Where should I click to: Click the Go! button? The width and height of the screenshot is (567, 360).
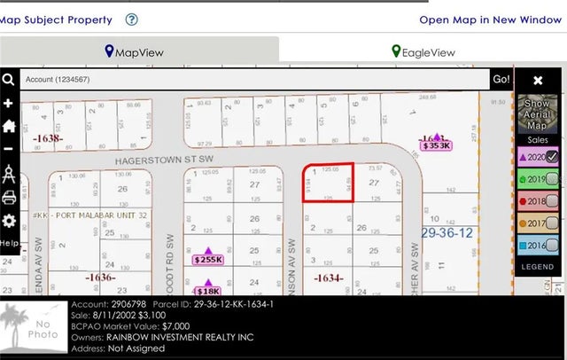tap(501, 79)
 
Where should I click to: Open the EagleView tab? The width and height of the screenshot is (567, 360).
tap(423, 52)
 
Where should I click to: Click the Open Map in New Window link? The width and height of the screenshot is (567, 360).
tap(490, 20)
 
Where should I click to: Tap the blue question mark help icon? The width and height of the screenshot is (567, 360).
tap(132, 20)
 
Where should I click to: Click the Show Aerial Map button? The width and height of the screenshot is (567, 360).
tap(537, 113)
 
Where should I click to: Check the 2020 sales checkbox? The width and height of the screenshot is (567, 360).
tap(552, 156)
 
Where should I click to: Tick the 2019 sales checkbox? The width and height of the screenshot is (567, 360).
tap(552, 179)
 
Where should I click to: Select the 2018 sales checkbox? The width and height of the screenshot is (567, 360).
tap(552, 201)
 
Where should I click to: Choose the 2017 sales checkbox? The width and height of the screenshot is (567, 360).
tap(552, 223)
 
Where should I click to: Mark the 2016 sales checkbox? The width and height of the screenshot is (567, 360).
tap(552, 246)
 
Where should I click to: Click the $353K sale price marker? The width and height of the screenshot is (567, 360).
tap(436, 145)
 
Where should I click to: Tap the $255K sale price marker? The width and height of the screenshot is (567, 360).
tap(208, 260)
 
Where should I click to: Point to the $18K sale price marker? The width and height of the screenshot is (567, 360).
tap(208, 291)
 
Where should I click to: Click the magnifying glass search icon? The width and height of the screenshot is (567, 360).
tap(8, 80)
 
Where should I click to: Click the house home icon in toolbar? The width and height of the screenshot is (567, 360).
tap(9, 126)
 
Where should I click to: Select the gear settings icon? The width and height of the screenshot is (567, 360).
tap(9, 220)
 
